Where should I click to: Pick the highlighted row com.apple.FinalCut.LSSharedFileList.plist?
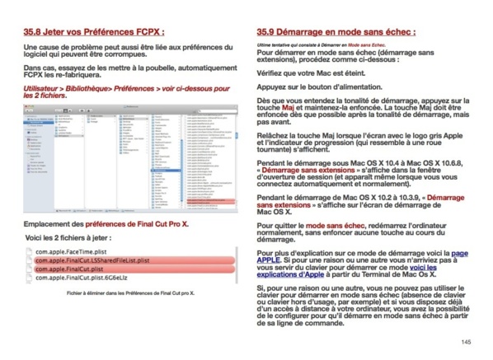96,259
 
